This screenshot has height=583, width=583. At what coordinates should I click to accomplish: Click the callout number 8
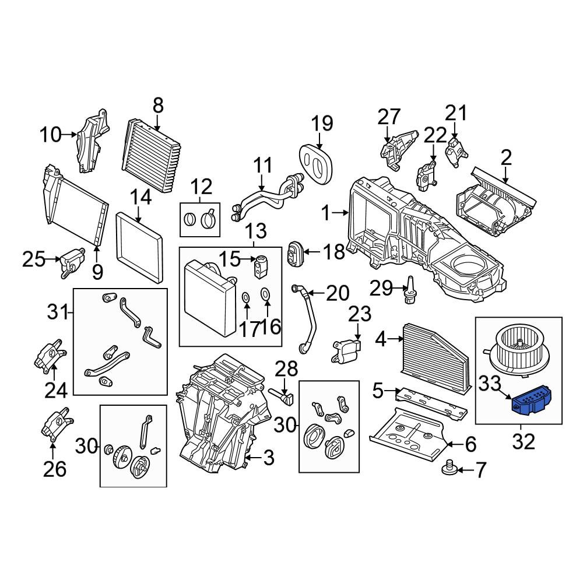tap(158, 106)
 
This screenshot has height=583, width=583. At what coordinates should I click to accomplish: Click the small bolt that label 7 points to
tap(449, 468)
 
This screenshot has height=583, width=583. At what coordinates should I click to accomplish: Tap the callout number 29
tap(381, 288)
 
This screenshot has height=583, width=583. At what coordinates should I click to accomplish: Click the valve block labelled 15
tap(260, 266)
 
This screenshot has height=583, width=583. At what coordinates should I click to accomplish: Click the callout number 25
tap(34, 259)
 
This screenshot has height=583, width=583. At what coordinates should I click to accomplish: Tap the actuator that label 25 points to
tap(72, 261)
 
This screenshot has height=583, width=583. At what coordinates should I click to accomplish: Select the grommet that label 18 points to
tap(296, 253)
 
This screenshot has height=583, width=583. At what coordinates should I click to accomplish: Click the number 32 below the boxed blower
tap(524, 441)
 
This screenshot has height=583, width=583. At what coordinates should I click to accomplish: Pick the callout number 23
tap(360, 314)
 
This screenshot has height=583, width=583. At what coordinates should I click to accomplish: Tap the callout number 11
tap(262, 166)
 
